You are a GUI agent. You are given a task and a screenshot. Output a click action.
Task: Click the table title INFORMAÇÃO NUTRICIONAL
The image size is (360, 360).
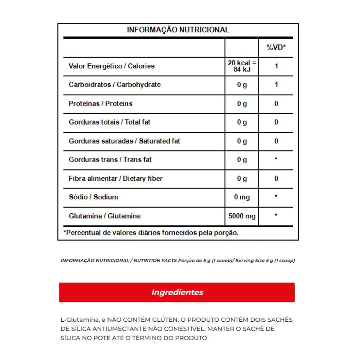(x=178, y=30)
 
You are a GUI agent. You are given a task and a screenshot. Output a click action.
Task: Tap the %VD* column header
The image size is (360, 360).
(x=276, y=47)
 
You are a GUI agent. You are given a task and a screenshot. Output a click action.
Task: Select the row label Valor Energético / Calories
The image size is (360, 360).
(x=111, y=66)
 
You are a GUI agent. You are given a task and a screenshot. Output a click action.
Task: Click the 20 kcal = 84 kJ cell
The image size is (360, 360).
(x=242, y=66)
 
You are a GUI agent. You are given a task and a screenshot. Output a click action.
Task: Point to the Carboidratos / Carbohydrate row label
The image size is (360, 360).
(x=114, y=85)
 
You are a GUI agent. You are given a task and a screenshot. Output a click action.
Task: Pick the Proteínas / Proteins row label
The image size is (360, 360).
(x=100, y=103)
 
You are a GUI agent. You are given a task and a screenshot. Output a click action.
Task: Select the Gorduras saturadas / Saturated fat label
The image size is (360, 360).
(x=124, y=141)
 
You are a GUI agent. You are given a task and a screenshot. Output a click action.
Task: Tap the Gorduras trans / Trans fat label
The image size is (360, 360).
(x=110, y=160)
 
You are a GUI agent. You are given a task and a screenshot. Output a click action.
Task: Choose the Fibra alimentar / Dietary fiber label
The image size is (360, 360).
(x=115, y=179)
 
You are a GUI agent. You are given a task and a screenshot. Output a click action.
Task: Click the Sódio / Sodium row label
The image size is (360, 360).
(x=93, y=197)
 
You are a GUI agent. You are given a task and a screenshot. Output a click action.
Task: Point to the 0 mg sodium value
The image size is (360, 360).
(x=242, y=197)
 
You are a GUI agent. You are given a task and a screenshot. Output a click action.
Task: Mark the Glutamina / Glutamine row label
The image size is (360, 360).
(x=104, y=216)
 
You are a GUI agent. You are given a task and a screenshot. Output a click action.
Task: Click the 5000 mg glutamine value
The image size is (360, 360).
(x=242, y=216)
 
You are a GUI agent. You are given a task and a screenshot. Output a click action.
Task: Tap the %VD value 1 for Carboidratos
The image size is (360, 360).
(x=276, y=85)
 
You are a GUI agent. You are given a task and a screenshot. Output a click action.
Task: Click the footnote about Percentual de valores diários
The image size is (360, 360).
(x=151, y=233)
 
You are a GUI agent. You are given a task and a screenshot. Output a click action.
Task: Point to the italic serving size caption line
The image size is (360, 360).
(x=177, y=261)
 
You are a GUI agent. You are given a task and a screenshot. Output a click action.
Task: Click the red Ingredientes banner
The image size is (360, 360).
(x=177, y=292)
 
